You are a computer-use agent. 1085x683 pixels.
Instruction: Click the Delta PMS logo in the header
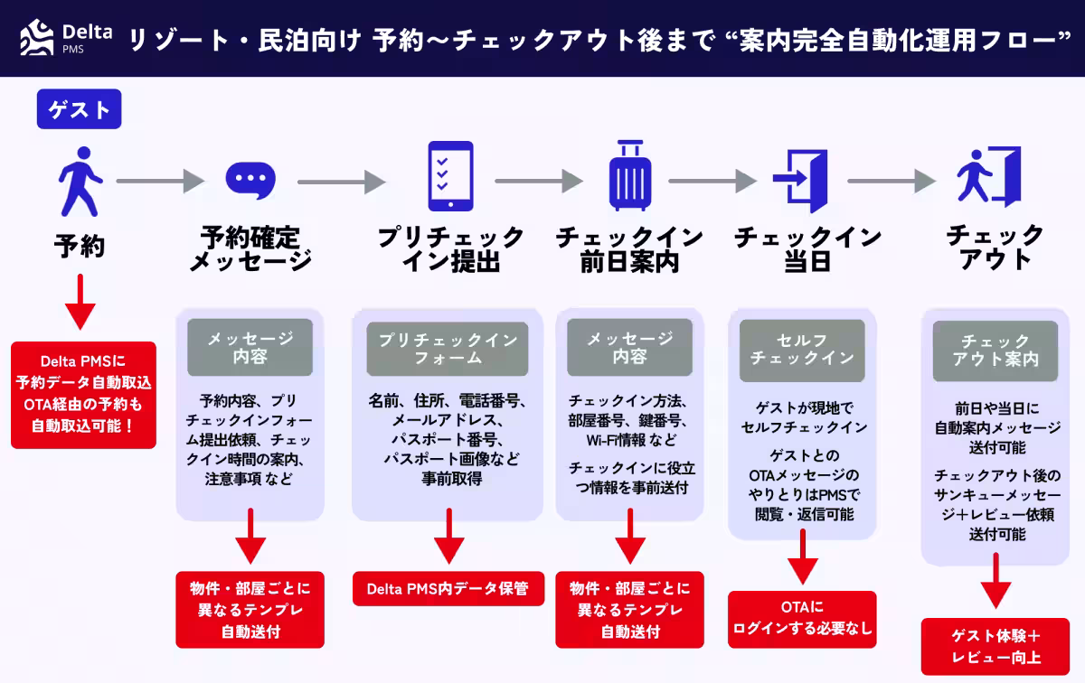click(x=65, y=39)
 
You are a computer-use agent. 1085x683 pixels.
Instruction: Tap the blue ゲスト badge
click(x=79, y=110)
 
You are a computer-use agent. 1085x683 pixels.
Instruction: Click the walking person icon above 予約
click(x=80, y=180)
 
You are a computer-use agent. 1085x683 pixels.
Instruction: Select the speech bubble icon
click(x=249, y=180)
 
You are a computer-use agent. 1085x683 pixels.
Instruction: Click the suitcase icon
click(x=628, y=178)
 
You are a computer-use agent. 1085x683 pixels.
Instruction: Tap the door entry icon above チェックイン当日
click(x=800, y=180)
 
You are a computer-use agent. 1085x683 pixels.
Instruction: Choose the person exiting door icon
click(x=988, y=178)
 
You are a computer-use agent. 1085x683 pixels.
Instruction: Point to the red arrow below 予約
click(x=80, y=302)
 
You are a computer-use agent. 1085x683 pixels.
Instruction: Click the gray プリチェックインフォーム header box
click(x=447, y=349)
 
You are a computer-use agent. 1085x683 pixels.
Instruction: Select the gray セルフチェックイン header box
click(x=802, y=350)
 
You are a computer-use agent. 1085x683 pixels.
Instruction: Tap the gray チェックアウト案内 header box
click(x=995, y=350)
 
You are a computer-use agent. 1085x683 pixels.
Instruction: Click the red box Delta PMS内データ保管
click(x=447, y=589)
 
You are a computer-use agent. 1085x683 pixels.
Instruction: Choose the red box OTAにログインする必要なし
click(x=802, y=619)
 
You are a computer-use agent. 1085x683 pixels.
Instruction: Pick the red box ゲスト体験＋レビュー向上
click(x=995, y=646)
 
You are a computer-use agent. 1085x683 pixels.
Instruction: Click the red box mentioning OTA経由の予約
click(x=83, y=394)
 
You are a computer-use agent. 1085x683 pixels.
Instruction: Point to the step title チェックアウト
click(x=995, y=247)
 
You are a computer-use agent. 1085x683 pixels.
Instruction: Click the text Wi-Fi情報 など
click(x=629, y=440)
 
